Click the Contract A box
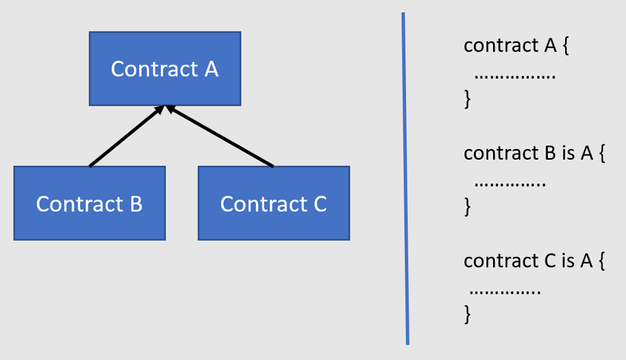tap(165, 69)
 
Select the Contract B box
tap(89, 203)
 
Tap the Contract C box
tap(274, 203)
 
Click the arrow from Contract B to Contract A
tap(127, 136)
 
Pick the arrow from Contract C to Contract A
tap(219, 136)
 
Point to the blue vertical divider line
tap(405, 178)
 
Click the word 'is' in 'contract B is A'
tap(568, 153)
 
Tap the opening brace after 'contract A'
tap(566, 45)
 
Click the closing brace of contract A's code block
tap(467, 99)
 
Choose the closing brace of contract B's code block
tap(467, 207)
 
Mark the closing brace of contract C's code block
tap(467, 315)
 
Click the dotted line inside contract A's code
tap(515, 77)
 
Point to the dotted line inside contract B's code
tap(510, 185)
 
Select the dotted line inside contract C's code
tap(506, 293)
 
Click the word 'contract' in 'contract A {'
tap(501, 45)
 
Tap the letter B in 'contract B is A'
tap(550, 153)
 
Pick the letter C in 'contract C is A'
tap(550, 261)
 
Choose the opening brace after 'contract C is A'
tap(602, 261)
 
